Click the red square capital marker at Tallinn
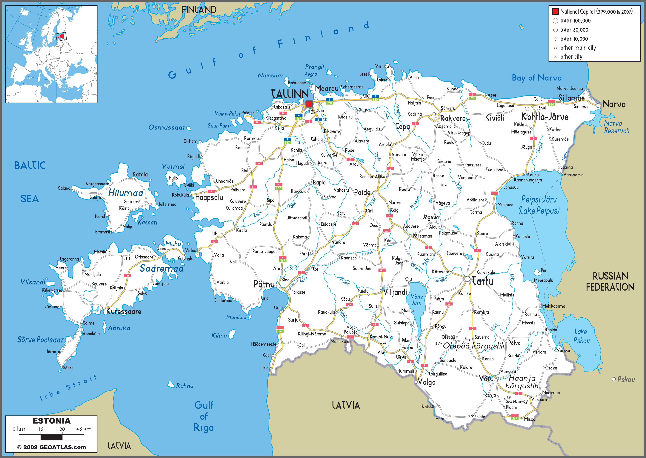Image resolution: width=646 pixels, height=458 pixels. (309, 104)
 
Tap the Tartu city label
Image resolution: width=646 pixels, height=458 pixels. (482, 281)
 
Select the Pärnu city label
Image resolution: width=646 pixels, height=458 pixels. (264, 284)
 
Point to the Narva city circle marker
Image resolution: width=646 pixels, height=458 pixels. (598, 105)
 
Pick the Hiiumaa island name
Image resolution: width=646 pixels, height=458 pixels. (126, 193)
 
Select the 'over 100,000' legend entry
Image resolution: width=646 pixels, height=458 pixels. (575, 21)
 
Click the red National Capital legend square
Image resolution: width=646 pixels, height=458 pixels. (555, 12)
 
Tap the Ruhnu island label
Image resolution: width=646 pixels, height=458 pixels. (185, 386)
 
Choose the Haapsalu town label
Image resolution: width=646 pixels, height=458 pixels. (209, 197)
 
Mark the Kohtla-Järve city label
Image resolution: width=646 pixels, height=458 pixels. (545, 117)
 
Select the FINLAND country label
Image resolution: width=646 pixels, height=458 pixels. (199, 10)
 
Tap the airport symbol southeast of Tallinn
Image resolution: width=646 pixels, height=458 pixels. (312, 111)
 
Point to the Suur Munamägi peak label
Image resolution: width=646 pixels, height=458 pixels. (516, 401)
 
